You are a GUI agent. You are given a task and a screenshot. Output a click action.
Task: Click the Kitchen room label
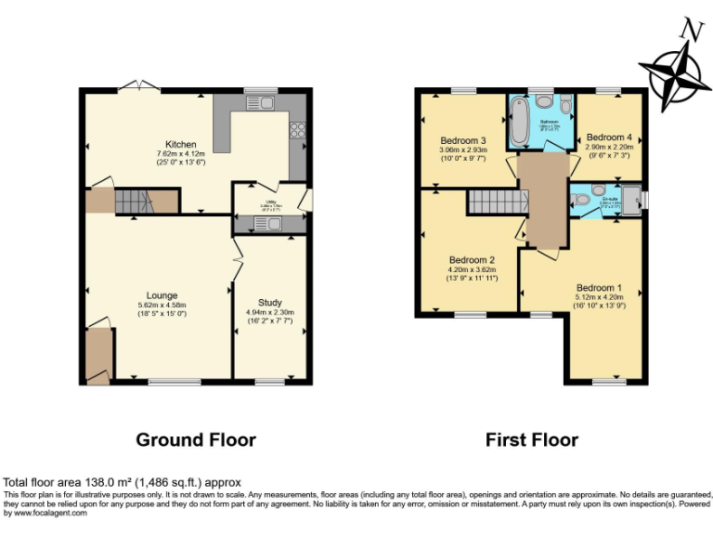coord(181,144)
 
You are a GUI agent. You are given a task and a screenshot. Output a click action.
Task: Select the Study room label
coord(270,302)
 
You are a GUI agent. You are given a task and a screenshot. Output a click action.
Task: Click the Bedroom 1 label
coord(600,287)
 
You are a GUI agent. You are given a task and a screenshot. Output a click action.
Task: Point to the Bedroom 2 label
coord(472,260)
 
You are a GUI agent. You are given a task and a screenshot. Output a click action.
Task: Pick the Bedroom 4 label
coord(609,137)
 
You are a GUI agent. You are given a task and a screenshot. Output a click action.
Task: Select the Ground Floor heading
coord(196,439)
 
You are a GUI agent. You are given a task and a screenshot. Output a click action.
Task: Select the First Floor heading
coord(532,439)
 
